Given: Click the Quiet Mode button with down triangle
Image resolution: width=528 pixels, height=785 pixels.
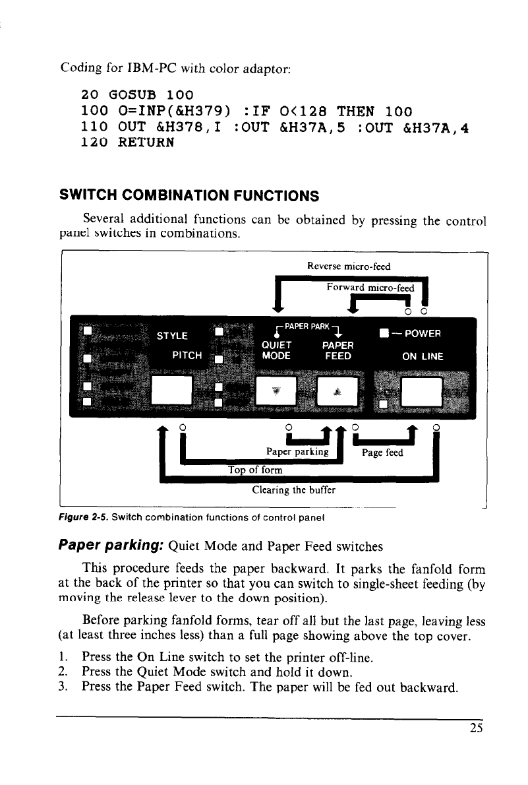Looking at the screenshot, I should (x=276, y=392).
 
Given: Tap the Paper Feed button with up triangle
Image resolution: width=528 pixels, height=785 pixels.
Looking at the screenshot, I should (x=336, y=392).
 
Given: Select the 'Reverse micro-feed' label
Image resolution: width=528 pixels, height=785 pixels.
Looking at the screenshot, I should (x=349, y=267).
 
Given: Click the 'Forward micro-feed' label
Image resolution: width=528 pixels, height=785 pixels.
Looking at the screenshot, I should (x=370, y=288).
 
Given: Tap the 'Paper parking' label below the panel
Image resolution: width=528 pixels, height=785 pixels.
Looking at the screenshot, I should (x=297, y=451).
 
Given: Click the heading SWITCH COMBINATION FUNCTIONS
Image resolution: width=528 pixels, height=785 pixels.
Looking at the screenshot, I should (x=189, y=195).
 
